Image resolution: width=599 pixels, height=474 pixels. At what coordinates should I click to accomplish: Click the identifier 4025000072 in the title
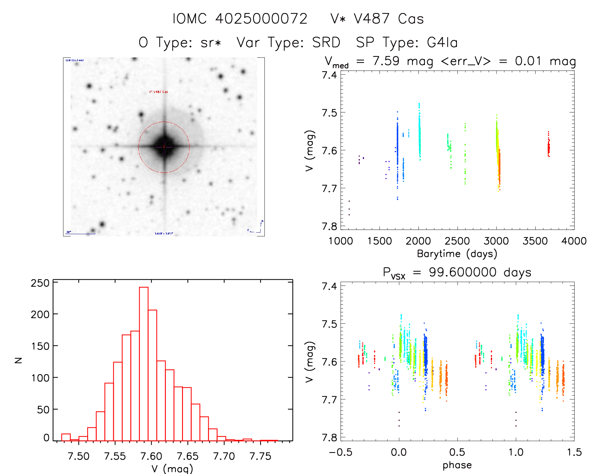[x=261, y=19]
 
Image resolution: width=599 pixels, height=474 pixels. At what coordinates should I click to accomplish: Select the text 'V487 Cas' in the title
[x=389, y=19]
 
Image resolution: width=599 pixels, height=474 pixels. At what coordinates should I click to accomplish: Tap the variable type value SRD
[x=326, y=43]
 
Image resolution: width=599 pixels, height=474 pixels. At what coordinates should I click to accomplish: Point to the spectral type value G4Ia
[x=442, y=43]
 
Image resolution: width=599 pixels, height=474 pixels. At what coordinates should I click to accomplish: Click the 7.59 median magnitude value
[x=386, y=61]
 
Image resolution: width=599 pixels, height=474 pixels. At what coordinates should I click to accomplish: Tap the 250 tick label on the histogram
[x=40, y=283]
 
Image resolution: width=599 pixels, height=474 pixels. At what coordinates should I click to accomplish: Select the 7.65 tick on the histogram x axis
[x=188, y=456]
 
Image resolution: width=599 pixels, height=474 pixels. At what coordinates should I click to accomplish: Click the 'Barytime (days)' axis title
[x=457, y=254]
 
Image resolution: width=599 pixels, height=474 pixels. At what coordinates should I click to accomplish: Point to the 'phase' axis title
[x=457, y=465]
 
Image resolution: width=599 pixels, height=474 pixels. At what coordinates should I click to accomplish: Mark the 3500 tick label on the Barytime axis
[x=535, y=241]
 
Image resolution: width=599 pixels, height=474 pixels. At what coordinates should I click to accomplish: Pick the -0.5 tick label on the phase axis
[x=340, y=452]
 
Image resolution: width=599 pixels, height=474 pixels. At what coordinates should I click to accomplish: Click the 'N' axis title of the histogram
[x=19, y=360]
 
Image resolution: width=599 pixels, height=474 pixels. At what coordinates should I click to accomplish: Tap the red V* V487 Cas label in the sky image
[x=159, y=92]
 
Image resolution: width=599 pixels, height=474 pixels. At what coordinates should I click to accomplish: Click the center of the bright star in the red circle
[x=164, y=147]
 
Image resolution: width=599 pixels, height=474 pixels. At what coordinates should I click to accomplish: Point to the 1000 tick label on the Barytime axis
[x=341, y=241]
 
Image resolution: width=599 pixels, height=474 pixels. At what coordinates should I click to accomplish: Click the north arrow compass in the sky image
[x=260, y=227]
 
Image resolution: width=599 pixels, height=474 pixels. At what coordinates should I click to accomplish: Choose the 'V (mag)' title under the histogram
[x=172, y=468]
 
